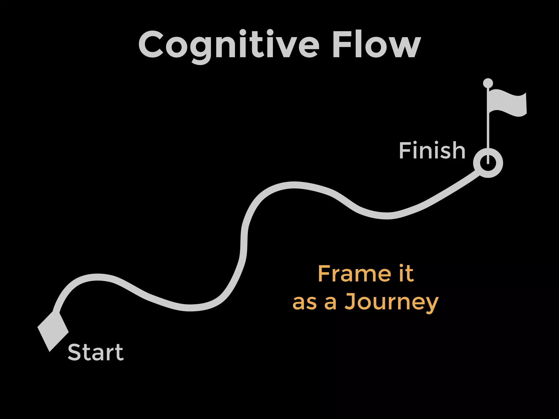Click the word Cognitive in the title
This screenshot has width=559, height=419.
coord(229,45)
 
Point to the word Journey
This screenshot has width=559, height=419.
coord(391,302)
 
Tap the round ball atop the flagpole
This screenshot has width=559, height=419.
coord(488,83)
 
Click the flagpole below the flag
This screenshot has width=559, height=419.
coord(488,131)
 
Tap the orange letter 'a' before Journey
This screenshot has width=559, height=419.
coord(330,303)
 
